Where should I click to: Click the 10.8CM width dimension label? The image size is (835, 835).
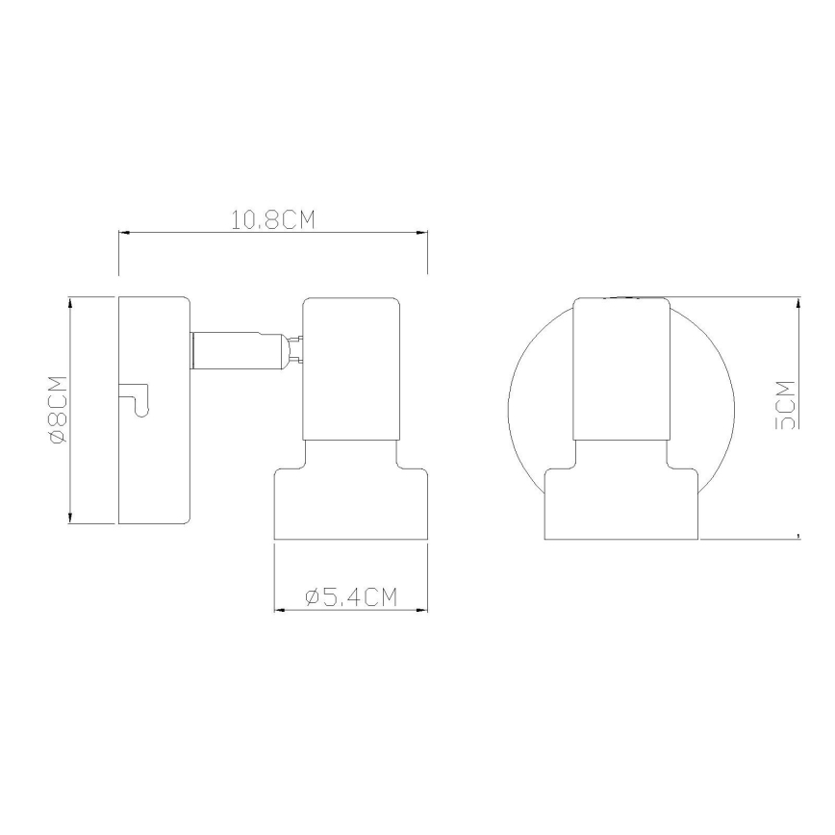(x=272, y=220)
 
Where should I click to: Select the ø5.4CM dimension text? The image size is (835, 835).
(x=351, y=597)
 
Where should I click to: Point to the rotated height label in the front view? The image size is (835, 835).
(x=786, y=404)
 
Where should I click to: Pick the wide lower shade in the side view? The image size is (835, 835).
(x=351, y=504)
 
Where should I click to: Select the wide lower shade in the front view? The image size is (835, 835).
(x=621, y=504)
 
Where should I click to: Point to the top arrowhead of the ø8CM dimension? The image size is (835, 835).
(x=71, y=302)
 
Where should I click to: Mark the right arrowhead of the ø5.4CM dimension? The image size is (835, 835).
(x=423, y=610)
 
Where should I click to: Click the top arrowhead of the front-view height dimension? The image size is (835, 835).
(x=798, y=302)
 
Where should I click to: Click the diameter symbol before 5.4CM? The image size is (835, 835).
(x=313, y=597)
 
